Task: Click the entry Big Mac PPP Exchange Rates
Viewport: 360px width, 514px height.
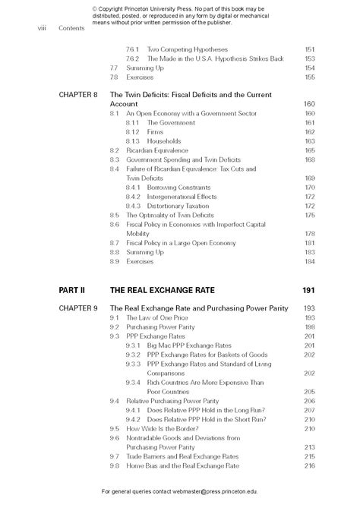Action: [193, 345]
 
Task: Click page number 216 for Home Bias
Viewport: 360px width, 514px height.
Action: [309, 465]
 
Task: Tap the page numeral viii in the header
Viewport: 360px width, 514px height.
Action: [43, 29]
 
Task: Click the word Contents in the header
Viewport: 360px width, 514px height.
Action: [71, 29]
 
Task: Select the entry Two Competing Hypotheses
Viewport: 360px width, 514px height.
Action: [187, 49]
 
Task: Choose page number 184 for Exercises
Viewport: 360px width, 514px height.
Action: [309, 261]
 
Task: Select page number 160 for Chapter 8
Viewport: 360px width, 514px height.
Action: [309, 104]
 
